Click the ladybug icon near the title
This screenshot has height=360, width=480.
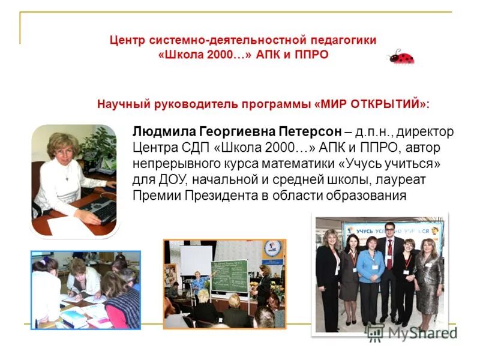click(401, 57)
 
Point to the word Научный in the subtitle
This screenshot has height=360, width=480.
click(122, 103)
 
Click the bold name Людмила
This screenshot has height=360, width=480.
click(161, 131)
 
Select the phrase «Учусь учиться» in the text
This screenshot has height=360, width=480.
click(396, 164)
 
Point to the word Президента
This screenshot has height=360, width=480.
click(228, 196)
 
